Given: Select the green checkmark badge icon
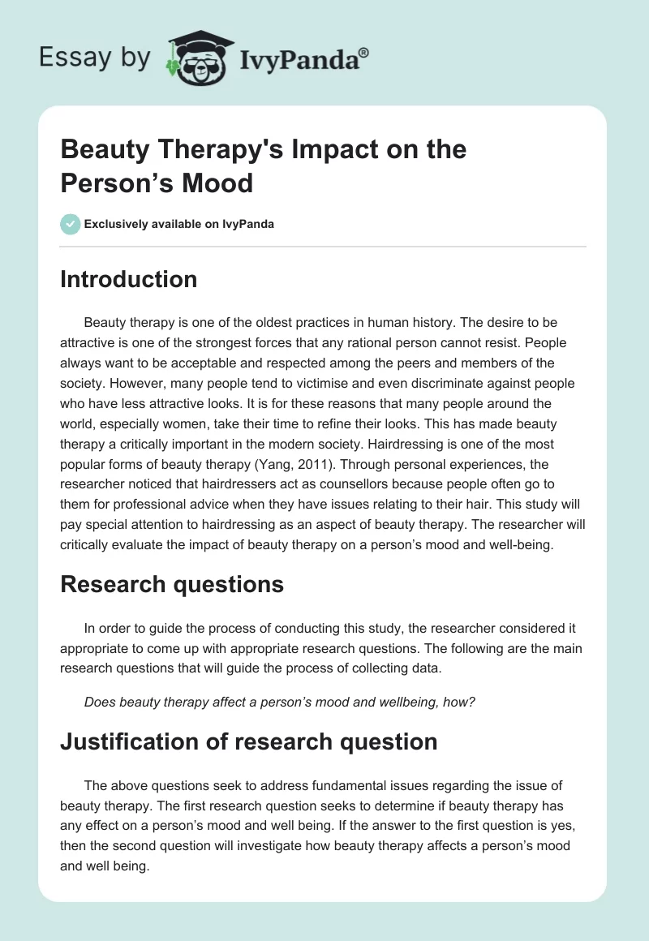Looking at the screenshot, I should [71, 224].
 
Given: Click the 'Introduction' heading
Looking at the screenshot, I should [128, 279].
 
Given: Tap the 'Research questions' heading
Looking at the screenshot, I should [172, 584].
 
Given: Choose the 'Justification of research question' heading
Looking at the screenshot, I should [249, 741].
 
